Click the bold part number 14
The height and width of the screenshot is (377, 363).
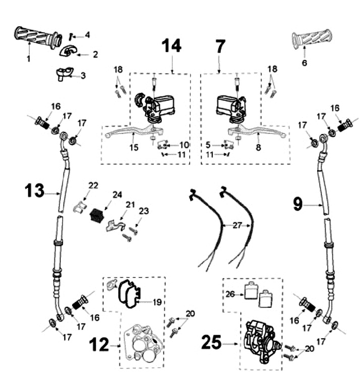point(171,46)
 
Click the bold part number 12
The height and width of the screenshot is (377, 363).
point(99,346)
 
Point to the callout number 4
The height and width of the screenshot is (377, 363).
point(87,35)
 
